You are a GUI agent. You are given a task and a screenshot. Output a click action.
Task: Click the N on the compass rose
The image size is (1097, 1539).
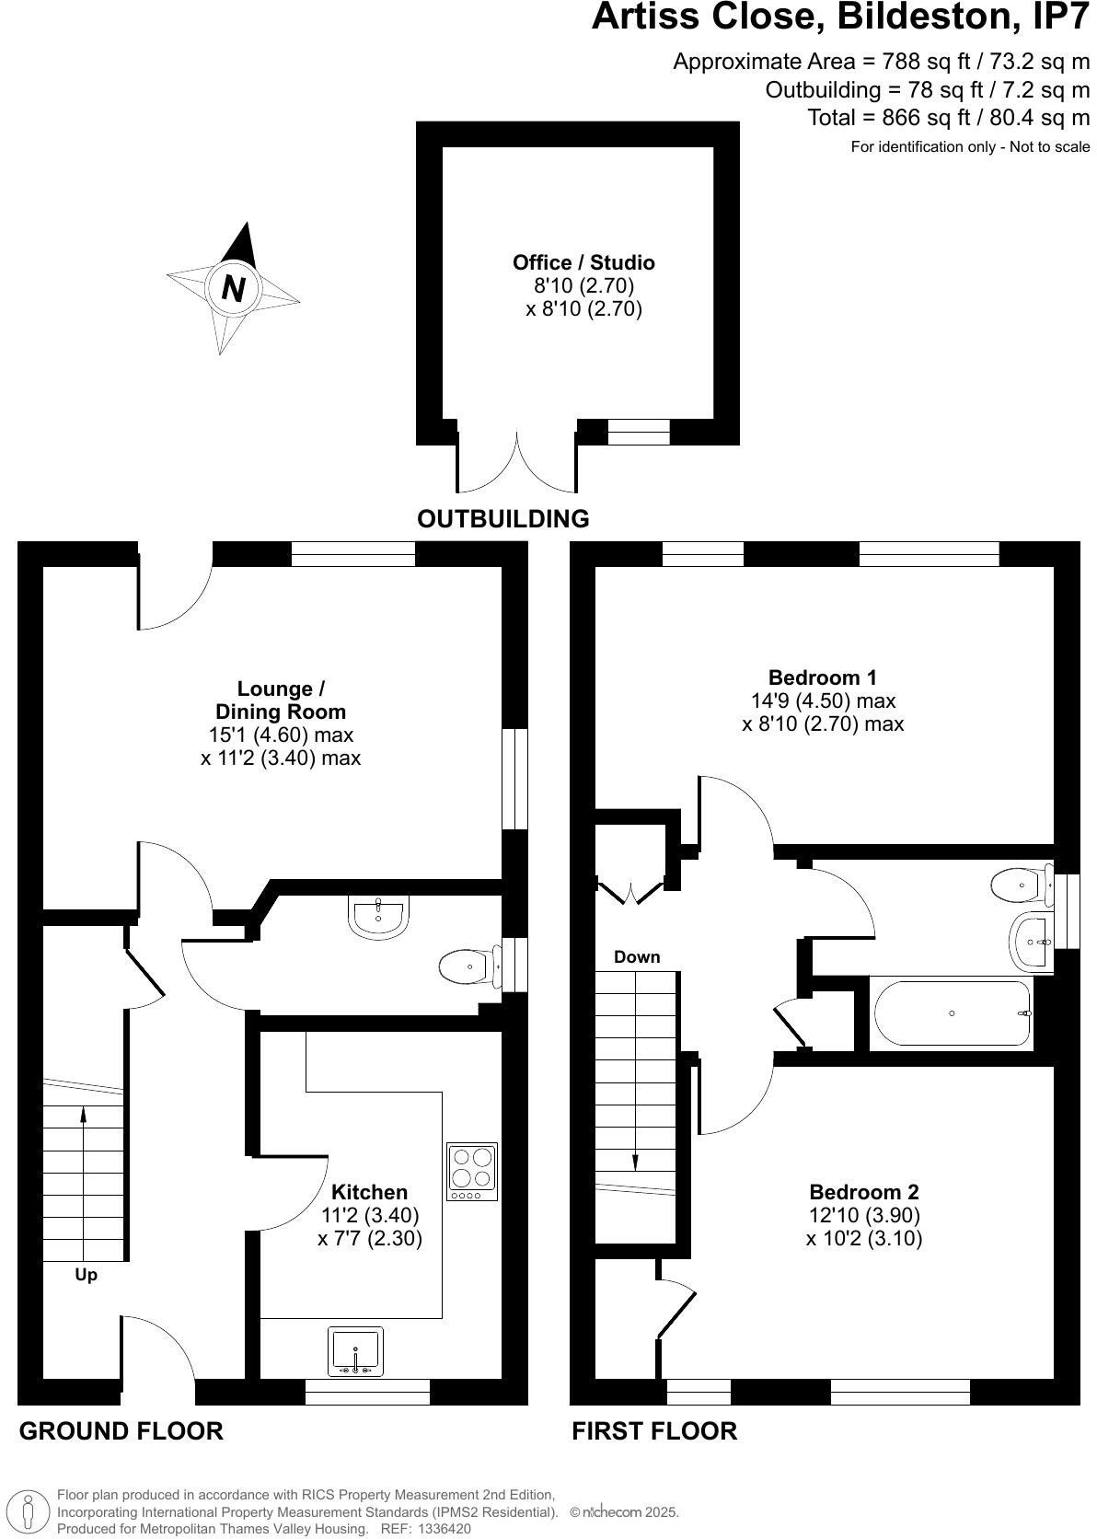click(234, 288)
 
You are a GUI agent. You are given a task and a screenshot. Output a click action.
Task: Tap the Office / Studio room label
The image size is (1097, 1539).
click(583, 263)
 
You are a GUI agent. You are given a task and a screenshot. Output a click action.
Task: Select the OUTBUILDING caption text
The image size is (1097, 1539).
click(502, 519)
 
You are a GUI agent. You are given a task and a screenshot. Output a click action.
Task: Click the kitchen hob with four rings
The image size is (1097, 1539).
click(472, 1171)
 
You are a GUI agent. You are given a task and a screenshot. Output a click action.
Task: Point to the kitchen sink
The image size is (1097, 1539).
click(355, 1351)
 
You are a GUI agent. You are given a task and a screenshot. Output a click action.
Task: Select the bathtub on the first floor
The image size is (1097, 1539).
click(952, 1013)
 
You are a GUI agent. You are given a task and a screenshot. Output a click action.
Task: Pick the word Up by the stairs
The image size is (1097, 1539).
click(86, 1276)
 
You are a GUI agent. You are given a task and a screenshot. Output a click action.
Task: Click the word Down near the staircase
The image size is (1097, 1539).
click(637, 957)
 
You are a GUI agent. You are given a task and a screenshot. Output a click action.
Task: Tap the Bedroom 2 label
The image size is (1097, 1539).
click(863, 1192)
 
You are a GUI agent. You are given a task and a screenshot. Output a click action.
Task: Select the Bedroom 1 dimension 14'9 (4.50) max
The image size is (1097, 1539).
click(823, 701)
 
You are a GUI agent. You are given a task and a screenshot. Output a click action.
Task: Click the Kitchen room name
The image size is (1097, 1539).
click(369, 1193)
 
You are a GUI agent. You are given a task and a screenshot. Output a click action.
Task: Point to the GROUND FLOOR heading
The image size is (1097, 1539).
click(121, 1431)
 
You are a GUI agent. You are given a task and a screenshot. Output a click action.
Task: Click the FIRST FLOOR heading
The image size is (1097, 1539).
click(653, 1431)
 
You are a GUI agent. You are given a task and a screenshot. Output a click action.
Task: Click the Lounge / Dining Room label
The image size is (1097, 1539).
click(280, 700)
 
